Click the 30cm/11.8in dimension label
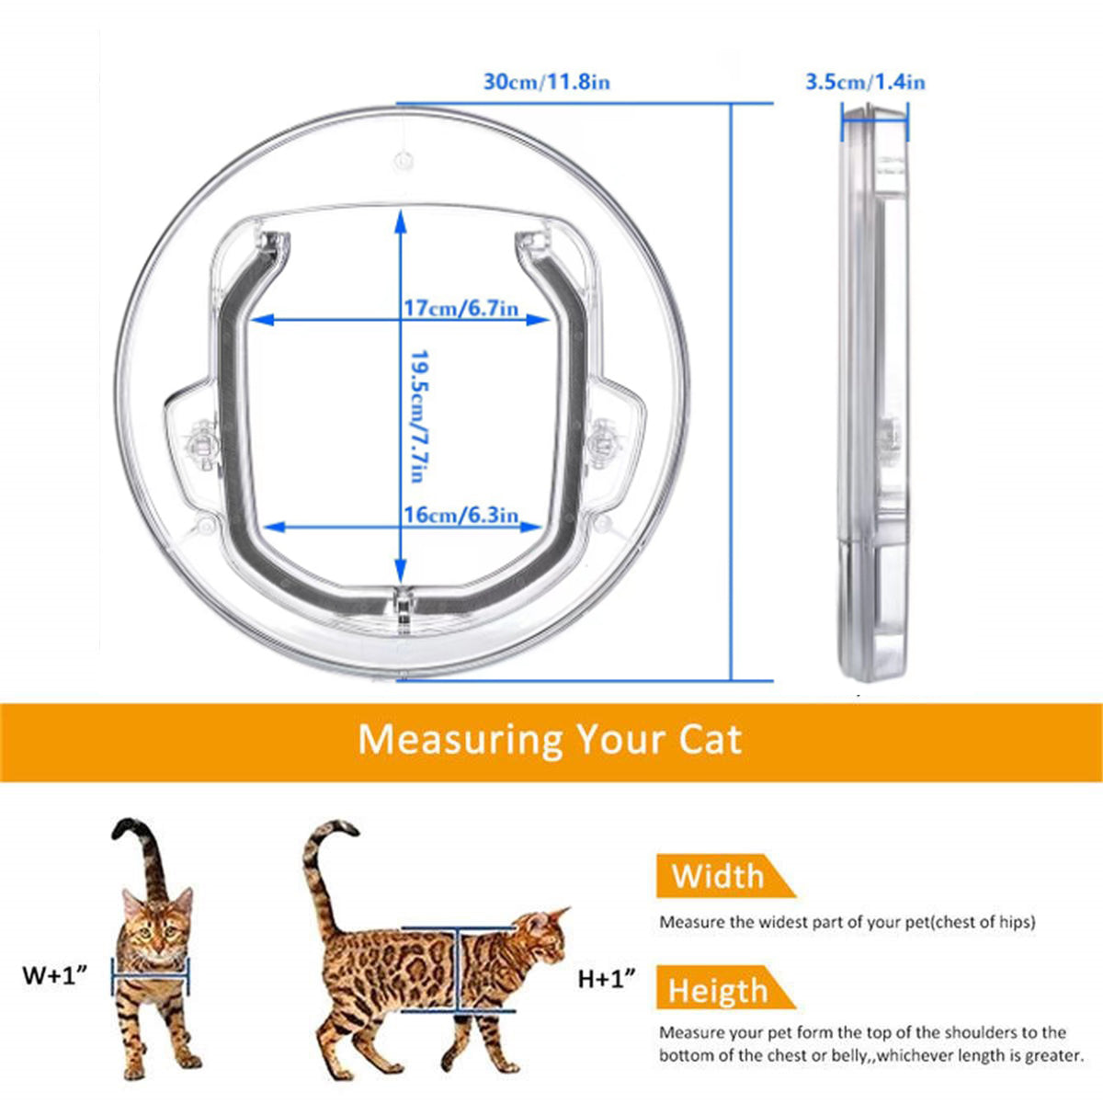(x=547, y=82)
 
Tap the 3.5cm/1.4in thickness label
(x=865, y=82)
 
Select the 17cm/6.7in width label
(x=461, y=307)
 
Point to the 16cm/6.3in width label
(x=461, y=515)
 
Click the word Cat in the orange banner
(x=710, y=740)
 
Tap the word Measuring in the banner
(x=460, y=740)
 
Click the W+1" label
(x=54, y=974)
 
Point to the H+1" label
(x=607, y=979)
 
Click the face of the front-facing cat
(x=158, y=924)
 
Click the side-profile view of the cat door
(x=872, y=391)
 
